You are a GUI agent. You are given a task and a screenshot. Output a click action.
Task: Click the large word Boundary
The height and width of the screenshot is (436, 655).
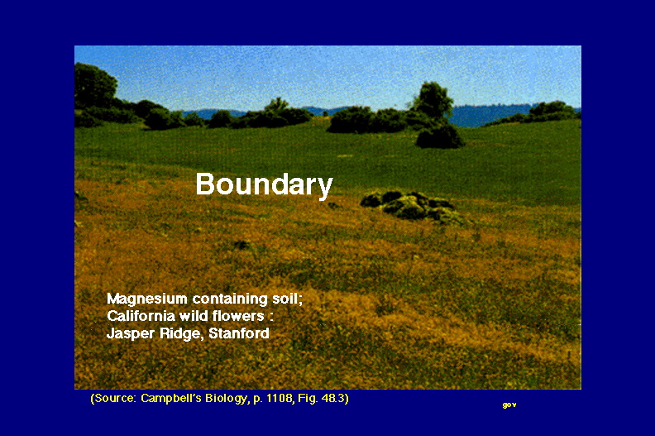pos(264,184)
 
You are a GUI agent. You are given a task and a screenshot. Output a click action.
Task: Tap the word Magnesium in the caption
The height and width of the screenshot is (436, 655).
pos(147,299)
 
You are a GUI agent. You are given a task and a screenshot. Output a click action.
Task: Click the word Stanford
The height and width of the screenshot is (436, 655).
pos(239,333)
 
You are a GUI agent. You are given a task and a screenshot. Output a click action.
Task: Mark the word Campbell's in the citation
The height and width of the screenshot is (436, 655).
pos(171,398)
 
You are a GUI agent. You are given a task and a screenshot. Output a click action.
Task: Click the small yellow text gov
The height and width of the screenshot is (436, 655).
pos(509,405)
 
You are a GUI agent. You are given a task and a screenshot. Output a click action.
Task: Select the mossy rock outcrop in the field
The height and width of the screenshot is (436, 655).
pos(414,207)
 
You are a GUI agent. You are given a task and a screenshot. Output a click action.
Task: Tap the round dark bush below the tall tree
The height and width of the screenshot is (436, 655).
pos(439,137)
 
